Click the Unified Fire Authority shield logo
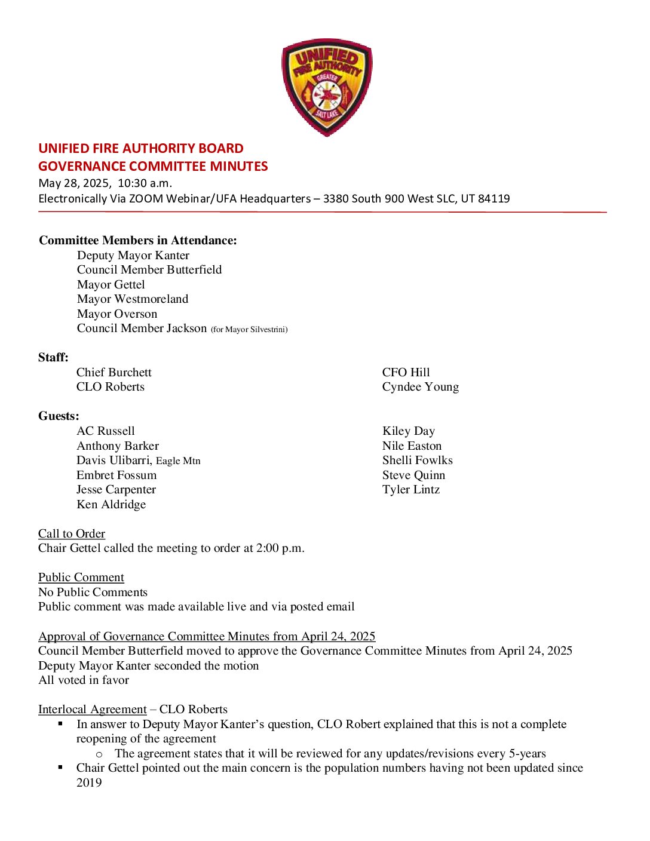327,87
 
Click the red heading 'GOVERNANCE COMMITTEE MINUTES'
153,166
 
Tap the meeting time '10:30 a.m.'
145,183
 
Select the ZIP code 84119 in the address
493,198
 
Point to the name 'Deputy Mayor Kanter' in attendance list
133,255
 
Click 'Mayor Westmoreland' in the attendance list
132,299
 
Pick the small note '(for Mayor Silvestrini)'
249,329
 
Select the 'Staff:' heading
53,357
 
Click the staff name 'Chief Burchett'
114,372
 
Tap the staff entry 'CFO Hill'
406,372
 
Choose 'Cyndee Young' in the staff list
420,386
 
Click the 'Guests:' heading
59,416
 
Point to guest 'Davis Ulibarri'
114,460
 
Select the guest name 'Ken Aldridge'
111,504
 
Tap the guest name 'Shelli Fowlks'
417,460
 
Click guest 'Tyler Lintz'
410,489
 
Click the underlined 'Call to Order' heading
72,533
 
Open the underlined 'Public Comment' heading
81,577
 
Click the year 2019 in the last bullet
89,782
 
